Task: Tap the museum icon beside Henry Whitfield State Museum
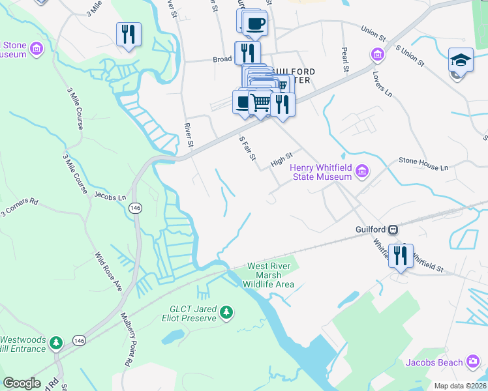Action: pos(362,173)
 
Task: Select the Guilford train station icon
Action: pos(393,229)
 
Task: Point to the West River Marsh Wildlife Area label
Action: pos(271,275)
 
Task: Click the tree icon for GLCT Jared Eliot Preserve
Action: pos(226,313)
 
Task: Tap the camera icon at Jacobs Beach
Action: pos(474,362)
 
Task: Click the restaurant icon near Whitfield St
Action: pos(399,255)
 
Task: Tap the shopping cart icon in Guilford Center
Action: pos(260,102)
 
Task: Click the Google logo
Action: pos(22,383)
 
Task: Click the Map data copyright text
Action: pos(460,386)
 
